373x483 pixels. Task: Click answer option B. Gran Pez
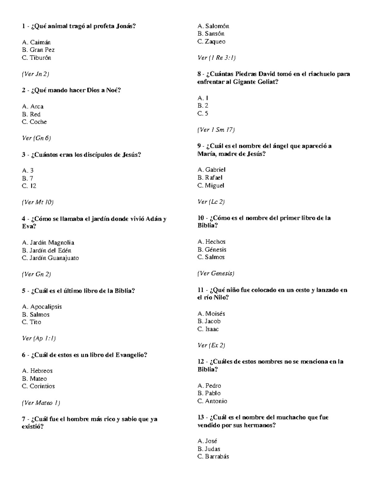pyautogui.click(x=38, y=50)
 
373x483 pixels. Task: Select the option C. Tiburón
pyautogui.click(x=36, y=58)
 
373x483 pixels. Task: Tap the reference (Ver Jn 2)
pyautogui.click(x=35, y=74)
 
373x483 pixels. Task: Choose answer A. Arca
pyautogui.click(x=33, y=106)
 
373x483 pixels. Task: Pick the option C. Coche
pyautogui.click(x=34, y=122)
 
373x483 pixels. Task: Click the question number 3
pyautogui.click(x=24, y=155)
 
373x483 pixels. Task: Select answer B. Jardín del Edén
pyautogui.click(x=47, y=250)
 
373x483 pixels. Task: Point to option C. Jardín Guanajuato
pyautogui.click(x=50, y=258)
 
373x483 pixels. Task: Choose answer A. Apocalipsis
pyautogui.click(x=42, y=307)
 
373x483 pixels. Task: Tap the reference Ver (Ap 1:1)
pyautogui.click(x=39, y=338)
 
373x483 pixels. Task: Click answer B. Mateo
pyautogui.click(x=34, y=379)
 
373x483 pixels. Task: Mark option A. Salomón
pyautogui.click(x=213, y=26)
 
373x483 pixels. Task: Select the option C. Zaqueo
pyautogui.click(x=211, y=41)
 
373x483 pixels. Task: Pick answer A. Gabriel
pyautogui.click(x=211, y=170)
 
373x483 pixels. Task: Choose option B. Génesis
pyautogui.click(x=212, y=249)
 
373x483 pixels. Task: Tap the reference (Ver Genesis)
pyautogui.click(x=216, y=273)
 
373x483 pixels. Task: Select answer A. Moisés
pyautogui.click(x=211, y=313)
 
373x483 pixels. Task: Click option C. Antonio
pyautogui.click(x=212, y=401)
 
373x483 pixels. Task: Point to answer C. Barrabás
pyautogui.click(x=213, y=457)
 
